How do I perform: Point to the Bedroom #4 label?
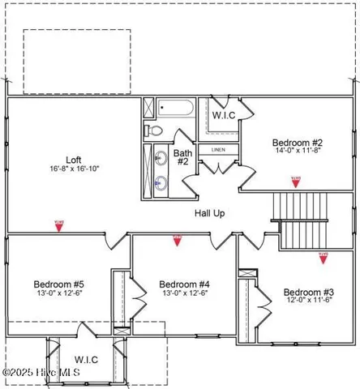pyautogui.click(x=184, y=284)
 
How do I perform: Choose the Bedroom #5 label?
pyautogui.click(x=59, y=284)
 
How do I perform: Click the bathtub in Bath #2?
pyautogui.click(x=174, y=109)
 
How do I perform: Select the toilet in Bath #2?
pyautogui.click(x=155, y=130)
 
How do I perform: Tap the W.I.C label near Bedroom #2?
pyautogui.click(x=224, y=116)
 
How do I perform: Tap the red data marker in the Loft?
pyautogui.click(x=58, y=226)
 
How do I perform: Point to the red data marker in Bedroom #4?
pyautogui.click(x=177, y=238)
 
